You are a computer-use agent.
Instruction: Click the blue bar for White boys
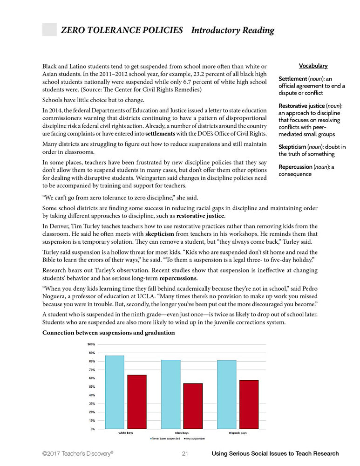click(x=115, y=392)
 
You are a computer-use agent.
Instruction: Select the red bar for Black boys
click(x=193, y=406)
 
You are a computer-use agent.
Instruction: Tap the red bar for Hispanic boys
click(x=249, y=404)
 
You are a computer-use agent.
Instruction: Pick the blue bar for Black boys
click(x=170, y=394)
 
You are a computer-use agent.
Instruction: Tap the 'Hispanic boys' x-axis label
click(x=238, y=433)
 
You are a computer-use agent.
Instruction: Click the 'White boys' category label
click(x=126, y=433)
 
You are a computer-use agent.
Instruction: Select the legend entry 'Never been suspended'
click(x=166, y=439)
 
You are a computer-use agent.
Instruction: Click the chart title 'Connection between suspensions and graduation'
click(x=109, y=333)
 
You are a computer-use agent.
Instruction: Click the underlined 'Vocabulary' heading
click(x=313, y=66)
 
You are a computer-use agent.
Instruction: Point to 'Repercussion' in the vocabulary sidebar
click(x=296, y=167)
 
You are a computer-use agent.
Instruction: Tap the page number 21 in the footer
click(x=185, y=453)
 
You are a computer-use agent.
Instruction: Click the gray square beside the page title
click(x=49, y=29)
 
